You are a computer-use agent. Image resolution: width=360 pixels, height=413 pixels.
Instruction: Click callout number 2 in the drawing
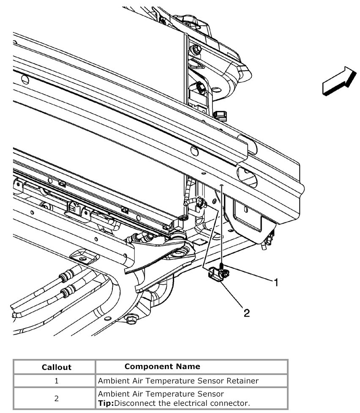246,313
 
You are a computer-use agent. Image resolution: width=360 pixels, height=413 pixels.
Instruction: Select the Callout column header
57,367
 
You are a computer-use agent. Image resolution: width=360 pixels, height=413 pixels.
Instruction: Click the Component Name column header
162,366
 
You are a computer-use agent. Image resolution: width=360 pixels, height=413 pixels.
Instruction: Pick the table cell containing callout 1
56,381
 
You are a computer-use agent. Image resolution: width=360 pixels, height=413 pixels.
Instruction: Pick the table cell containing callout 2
56,398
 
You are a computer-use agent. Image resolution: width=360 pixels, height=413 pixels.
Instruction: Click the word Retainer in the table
242,381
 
